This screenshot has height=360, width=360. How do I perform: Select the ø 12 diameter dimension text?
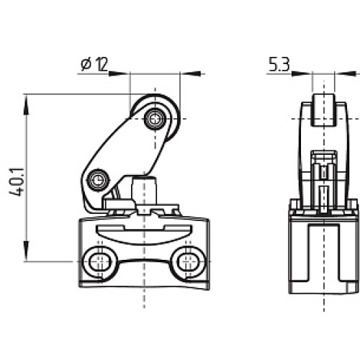[x=94, y=65]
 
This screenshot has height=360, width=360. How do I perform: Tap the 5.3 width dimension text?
[x=279, y=65]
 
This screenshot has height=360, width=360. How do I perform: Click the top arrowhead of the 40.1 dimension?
[x=27, y=101]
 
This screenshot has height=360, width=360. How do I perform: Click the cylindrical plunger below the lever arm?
[x=148, y=191]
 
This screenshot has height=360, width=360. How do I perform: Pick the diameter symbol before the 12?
[x=85, y=65]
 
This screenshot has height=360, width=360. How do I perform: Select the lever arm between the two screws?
[x=126, y=148]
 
